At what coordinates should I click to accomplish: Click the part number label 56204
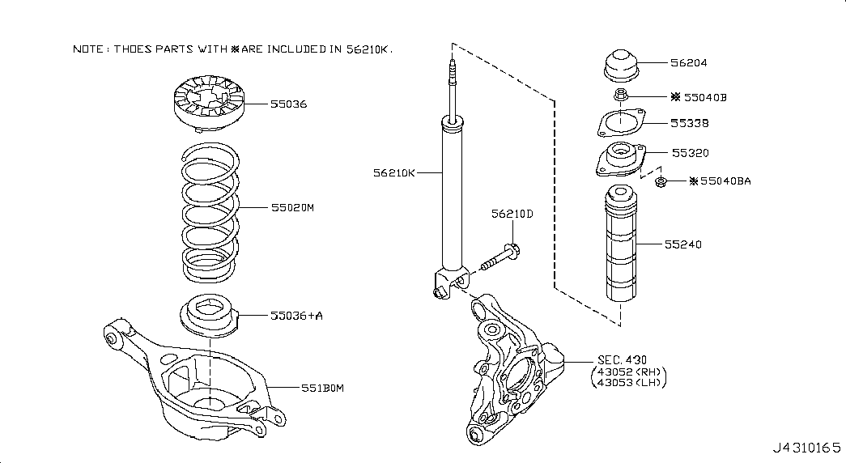coord(688,62)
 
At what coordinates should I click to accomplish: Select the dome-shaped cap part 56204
coord(621,66)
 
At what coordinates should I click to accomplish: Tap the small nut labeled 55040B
coord(621,95)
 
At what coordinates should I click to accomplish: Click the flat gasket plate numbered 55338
coord(621,123)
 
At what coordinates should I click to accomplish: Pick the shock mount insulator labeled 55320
coord(620,159)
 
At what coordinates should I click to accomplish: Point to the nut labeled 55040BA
coord(660,182)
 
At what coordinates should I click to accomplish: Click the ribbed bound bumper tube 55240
coord(620,243)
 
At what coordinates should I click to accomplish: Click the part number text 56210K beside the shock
coord(394,172)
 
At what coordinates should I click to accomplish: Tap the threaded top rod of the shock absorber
coord(452,87)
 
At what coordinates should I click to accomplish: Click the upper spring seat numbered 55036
coord(209,104)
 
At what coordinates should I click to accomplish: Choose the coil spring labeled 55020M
coord(210,213)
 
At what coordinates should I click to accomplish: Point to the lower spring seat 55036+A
coord(208,316)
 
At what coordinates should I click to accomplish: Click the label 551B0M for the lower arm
coord(322,388)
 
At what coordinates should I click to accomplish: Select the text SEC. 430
coord(622,359)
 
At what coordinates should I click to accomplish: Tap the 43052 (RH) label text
coord(629,372)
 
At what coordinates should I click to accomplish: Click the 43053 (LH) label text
coord(629,383)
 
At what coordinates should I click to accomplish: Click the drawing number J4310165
coord(806,448)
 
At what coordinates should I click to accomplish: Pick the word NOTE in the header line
coord(88,49)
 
